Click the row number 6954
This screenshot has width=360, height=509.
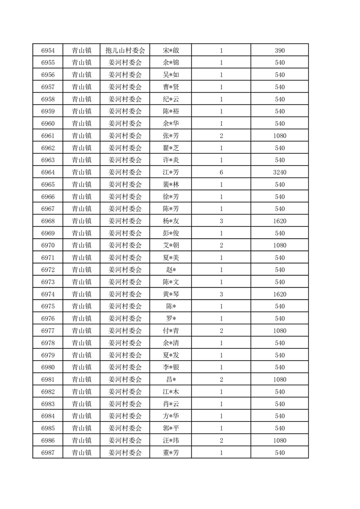coord(48,50)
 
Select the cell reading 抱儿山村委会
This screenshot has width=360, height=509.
coord(125,50)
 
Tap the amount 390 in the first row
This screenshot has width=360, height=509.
coord(280,50)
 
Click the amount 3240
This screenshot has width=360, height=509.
coord(280,172)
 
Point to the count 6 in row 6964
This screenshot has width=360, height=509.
coord(221,172)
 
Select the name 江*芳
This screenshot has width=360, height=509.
coord(171,172)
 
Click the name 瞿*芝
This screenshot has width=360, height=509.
coord(171,148)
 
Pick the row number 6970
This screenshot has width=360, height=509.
coord(48,245)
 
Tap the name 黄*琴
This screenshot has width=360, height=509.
coord(171,294)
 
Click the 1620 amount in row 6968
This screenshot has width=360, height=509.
coord(280,221)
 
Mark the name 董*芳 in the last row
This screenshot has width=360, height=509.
coord(171,453)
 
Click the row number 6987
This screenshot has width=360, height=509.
coord(48,453)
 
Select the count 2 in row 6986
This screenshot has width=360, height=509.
coord(221,440)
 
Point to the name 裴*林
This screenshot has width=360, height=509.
coord(171,185)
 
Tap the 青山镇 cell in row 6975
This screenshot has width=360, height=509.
coord(82,306)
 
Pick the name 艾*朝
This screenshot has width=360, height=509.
coord(171,245)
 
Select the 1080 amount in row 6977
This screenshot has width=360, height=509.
coord(280,331)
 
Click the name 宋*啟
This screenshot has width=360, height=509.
coord(171,50)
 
